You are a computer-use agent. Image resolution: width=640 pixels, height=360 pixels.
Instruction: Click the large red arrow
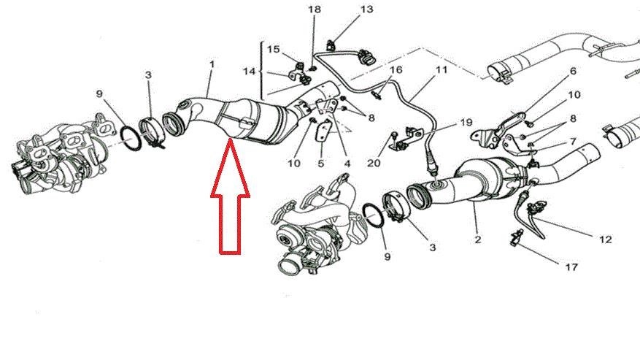point(230,196)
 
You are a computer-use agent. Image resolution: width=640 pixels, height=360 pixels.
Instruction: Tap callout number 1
point(212,64)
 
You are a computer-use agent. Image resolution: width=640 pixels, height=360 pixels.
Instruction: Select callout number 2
point(478,240)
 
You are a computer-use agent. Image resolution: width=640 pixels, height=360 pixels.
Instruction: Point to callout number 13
point(367,9)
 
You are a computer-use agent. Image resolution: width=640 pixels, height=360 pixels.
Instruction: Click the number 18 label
point(315,9)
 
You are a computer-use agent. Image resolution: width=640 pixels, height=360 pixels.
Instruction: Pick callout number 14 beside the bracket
point(249,71)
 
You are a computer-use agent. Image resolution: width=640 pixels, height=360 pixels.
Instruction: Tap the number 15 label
point(274,50)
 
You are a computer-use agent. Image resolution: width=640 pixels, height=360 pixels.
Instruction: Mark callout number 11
point(442,70)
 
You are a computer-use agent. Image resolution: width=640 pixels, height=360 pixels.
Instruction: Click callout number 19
point(466,122)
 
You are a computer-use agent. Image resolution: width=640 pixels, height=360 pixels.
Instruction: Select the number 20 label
point(374,163)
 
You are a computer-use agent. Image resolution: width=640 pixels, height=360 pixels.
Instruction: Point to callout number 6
point(573,71)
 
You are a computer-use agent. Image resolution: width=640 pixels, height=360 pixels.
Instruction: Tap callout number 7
point(573,142)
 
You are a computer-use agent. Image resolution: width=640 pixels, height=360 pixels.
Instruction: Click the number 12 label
point(605,239)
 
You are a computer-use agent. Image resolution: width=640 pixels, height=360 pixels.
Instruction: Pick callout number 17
point(571,267)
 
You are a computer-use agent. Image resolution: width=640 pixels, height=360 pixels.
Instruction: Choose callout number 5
point(321,164)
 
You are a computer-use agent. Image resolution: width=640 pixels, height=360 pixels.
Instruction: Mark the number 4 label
point(347,164)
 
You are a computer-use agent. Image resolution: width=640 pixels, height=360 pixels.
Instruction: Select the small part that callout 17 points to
point(514,238)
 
